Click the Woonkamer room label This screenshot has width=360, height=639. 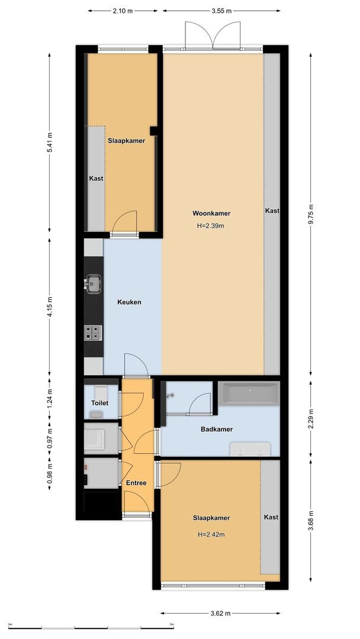211,214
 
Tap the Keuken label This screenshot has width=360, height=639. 129,302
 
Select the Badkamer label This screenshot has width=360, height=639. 217,430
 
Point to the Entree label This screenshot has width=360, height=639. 136,483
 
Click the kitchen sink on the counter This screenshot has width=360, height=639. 92,283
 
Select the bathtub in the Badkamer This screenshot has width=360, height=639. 248,392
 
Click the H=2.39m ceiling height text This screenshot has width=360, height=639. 211,225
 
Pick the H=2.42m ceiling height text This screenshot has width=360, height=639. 211,534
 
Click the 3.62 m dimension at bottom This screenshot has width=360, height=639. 220,614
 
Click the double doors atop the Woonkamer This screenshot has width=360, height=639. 213,35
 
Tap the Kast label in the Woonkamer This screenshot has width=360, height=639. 272,211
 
